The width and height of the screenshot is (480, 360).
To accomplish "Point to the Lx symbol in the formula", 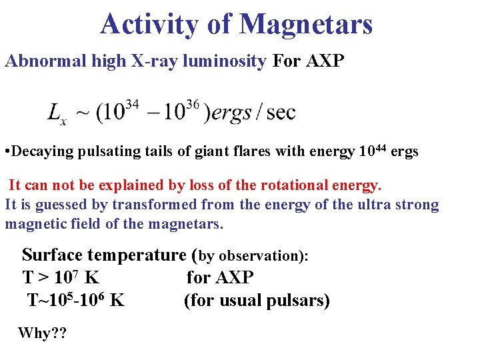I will (x=57, y=113).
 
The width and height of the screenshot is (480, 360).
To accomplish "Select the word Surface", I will (x=53, y=255).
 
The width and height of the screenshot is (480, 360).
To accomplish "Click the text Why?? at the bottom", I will (x=43, y=333).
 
